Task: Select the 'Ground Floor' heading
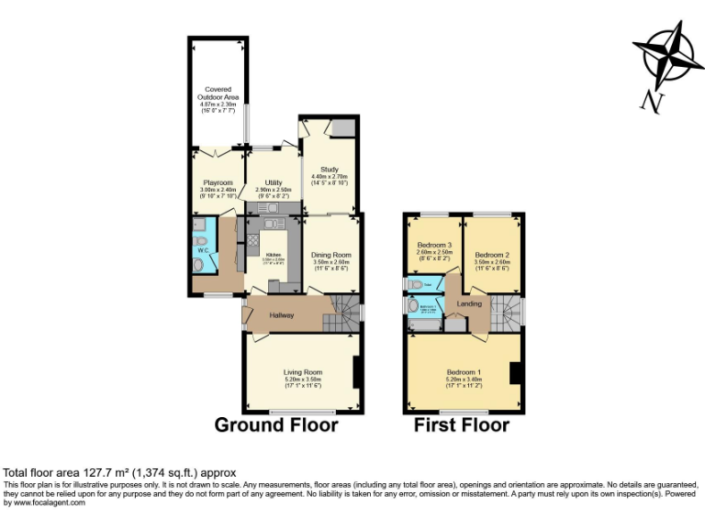[276, 425]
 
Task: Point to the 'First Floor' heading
[462, 425]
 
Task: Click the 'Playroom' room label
[218, 183]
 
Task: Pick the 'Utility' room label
[274, 183]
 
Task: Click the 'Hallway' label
[282, 315]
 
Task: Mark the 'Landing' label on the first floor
[470, 303]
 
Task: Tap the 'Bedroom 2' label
[492, 254]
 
